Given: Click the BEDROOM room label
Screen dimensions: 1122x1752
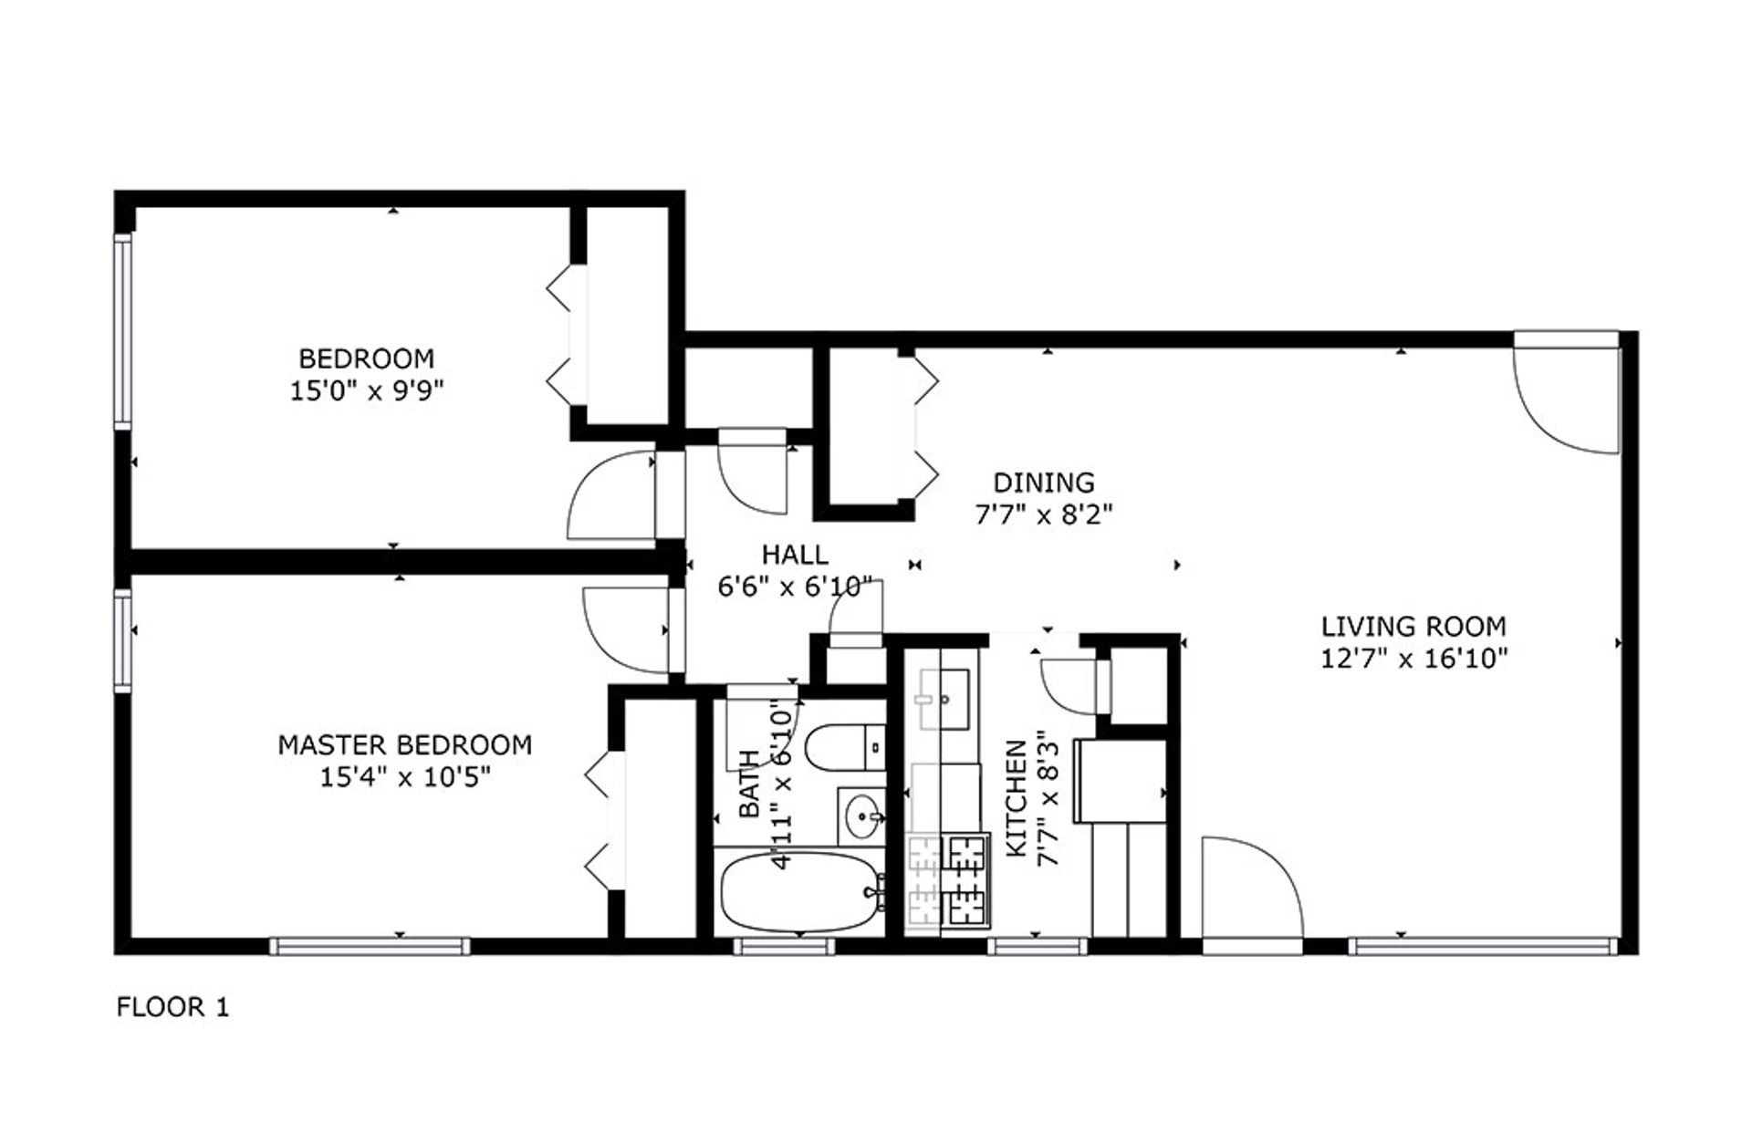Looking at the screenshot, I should pos(366,358).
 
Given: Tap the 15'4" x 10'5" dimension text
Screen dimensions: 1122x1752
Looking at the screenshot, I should pos(405,778).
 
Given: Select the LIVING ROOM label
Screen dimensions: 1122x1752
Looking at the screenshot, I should pos(1413,627).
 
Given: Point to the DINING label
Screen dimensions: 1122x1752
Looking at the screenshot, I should pos(1043,482).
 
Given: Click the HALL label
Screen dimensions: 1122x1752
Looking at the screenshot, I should pos(795,554).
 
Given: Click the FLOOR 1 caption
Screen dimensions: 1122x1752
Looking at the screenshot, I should pos(172,1007).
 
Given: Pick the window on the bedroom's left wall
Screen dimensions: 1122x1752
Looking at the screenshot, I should pos(122,330).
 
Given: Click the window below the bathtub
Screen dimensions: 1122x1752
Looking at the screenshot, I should pos(784,947).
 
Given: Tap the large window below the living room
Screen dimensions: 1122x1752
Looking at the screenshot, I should pos(1483,947).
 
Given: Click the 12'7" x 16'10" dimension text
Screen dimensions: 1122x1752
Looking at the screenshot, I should pos(1413,659).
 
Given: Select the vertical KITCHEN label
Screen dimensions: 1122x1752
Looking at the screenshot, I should pos(1016,799).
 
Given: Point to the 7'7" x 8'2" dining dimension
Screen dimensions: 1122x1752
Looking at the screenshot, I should pos(1043,515).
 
